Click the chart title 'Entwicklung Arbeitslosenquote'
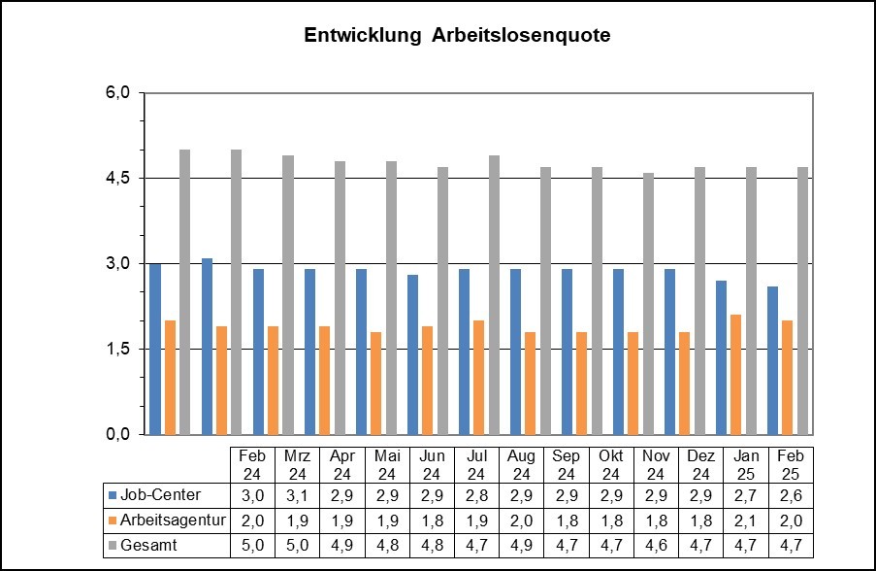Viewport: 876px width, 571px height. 457,36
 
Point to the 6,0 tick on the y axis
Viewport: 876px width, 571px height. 118,93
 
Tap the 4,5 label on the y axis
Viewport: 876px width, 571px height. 118,179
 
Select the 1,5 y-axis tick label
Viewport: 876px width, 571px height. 118,349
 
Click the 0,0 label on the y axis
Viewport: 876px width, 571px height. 118,434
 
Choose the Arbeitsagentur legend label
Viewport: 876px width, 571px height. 171,521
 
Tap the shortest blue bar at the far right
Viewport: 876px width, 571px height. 773,360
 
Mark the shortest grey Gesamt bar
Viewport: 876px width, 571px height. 649,303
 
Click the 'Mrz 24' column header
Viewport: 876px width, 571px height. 297,464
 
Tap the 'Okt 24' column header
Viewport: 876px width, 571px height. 610,464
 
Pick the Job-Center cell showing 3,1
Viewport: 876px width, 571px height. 297,495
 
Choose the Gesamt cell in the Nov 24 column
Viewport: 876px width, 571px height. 655,545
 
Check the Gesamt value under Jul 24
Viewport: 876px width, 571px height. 476,545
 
